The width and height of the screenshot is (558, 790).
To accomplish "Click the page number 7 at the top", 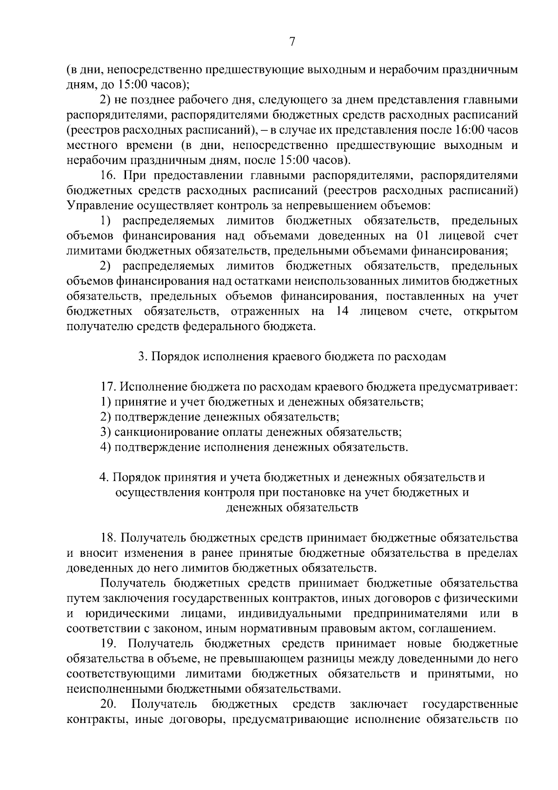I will pos(292,42).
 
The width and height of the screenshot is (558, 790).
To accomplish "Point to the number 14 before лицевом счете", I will pos(342,311).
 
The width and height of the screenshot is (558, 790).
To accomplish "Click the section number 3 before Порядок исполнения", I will pos(141,357).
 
